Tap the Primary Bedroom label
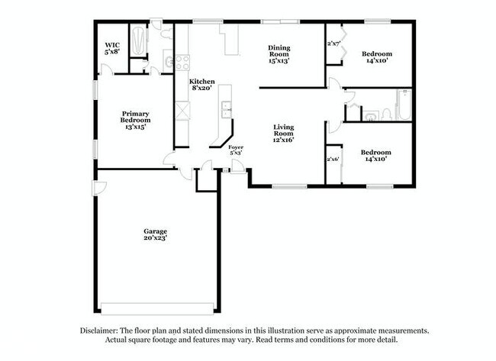click(x=135, y=120)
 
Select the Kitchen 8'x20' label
click(x=201, y=85)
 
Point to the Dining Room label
click(x=279, y=54)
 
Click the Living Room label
click(x=284, y=133)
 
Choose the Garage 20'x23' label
click(x=156, y=234)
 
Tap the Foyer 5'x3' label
click(x=236, y=149)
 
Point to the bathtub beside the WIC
click(x=139, y=43)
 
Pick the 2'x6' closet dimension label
click(x=333, y=159)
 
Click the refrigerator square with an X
click(x=182, y=111)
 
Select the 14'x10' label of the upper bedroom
click(x=376, y=58)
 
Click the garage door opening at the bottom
click(x=157, y=309)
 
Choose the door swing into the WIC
click(x=107, y=70)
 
